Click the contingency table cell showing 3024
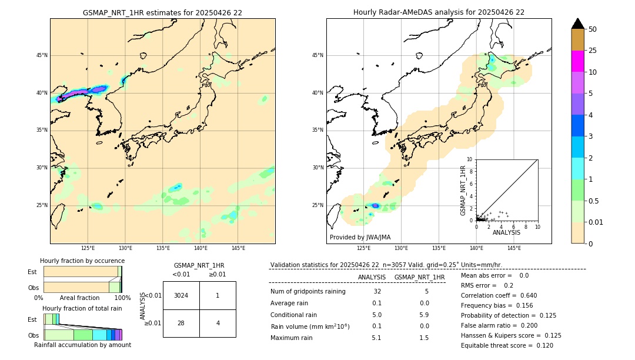(181, 295)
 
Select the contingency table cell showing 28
(181, 323)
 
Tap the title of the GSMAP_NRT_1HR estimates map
(162, 12)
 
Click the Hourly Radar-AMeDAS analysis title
(439, 12)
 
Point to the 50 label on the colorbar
(593, 29)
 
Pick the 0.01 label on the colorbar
(596, 222)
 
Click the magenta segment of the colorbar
(577, 61)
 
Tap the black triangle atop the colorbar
(577, 24)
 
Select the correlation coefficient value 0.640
(524, 295)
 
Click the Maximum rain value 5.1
(376, 338)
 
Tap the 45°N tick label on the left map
(42, 55)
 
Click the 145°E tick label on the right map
(514, 248)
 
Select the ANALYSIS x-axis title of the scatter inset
(506, 232)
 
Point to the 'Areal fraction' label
(79, 298)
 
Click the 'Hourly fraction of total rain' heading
(82, 308)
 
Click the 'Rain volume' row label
(310, 326)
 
